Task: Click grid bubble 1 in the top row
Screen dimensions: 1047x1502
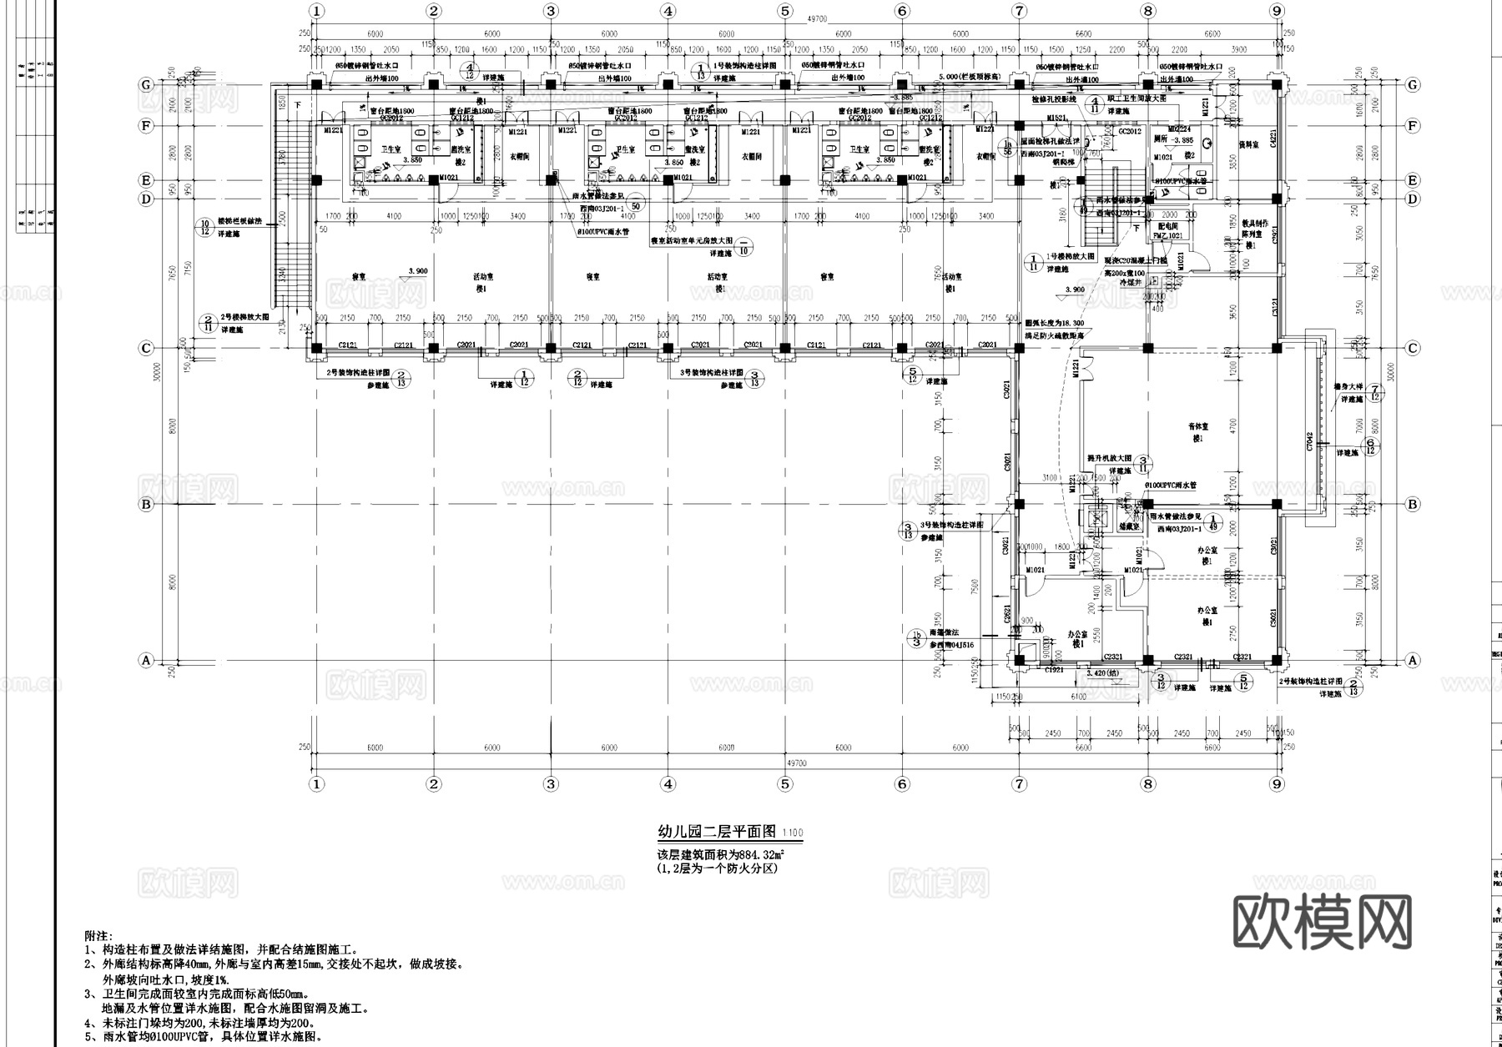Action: coord(316,11)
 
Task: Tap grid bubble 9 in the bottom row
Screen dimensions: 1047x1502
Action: coord(1277,783)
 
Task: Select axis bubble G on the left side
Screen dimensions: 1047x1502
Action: coord(146,85)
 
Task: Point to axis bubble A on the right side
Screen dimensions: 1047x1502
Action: coord(1413,660)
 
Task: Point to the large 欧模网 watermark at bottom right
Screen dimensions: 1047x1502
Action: coord(1323,924)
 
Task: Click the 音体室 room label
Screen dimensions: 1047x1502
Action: coord(1198,427)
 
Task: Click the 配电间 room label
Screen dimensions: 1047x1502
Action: coord(1167,226)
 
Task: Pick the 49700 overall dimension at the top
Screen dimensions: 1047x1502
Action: coord(797,18)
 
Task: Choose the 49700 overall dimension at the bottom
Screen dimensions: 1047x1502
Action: coord(797,763)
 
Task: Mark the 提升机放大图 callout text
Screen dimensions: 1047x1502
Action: coord(1109,459)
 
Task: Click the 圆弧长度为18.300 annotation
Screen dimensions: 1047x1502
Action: coord(1055,324)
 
